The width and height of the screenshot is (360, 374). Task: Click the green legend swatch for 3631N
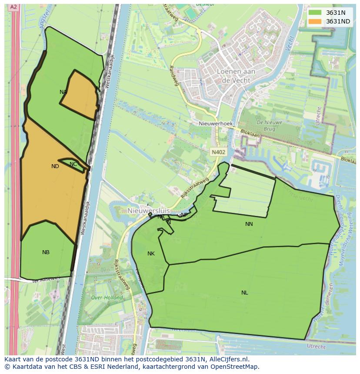[x=314, y=13]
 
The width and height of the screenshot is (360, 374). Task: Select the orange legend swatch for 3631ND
[x=314, y=21]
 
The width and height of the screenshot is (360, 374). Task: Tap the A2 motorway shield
[x=13, y=7]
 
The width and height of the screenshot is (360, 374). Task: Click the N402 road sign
[x=218, y=152]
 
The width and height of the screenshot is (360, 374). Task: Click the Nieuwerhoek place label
[x=216, y=124]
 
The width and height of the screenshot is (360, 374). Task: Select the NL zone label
[x=245, y=293]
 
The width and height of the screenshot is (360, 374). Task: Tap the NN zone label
[x=249, y=224]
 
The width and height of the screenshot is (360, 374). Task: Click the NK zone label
[x=151, y=254]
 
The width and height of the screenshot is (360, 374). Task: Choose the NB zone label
[x=46, y=252]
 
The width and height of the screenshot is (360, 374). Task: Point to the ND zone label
[x=55, y=166]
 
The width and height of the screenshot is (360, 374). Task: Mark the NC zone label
[x=73, y=164]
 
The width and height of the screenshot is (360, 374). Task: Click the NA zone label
[x=63, y=92]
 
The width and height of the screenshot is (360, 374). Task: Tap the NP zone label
[x=184, y=215]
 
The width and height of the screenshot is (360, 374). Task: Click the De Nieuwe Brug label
[x=270, y=126]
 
